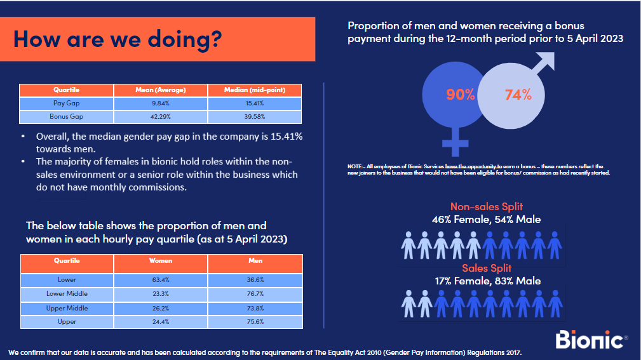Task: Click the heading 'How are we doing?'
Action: tap(118, 39)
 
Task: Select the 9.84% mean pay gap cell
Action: tap(161, 103)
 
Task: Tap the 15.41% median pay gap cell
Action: tap(255, 103)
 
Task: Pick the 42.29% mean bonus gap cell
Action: tap(161, 117)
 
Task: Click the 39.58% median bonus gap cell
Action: tap(255, 117)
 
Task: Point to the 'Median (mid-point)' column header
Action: tap(255, 90)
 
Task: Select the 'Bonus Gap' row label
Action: tap(67, 117)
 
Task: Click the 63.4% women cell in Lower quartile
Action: tap(161, 279)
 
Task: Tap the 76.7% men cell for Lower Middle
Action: tap(255, 293)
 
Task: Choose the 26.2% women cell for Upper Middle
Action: tap(161, 308)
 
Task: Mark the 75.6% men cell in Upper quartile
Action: tap(255, 322)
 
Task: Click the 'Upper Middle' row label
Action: tap(67, 308)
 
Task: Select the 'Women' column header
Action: tap(161, 261)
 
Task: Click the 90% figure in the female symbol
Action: tap(460, 95)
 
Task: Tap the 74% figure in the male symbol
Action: tap(518, 95)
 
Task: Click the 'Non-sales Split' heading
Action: tap(486, 207)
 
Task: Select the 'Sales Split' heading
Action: tap(486, 269)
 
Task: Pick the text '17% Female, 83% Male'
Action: tap(486, 281)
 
